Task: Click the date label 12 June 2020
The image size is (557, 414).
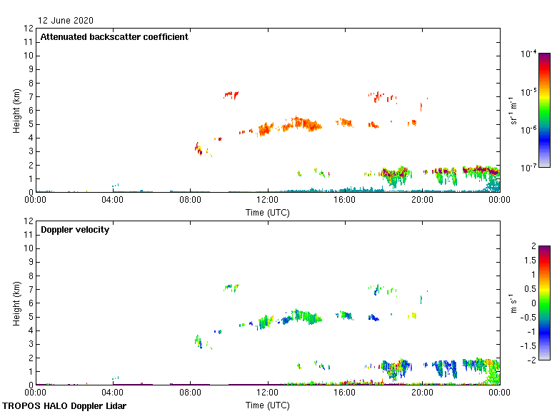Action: coord(66,21)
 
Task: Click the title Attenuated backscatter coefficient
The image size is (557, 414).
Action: coord(114,37)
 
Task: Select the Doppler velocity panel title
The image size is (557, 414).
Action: coord(75,230)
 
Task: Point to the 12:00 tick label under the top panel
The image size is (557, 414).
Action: coord(268,201)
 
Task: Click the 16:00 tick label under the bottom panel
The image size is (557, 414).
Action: coord(345,393)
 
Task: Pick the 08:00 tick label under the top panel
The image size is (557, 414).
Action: coord(190,201)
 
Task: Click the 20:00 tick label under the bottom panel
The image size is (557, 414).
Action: coord(422,393)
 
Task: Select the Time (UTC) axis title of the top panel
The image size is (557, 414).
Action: coord(268,212)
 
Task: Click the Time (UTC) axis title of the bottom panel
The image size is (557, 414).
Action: coord(268,405)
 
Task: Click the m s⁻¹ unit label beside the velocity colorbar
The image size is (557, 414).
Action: coord(513,303)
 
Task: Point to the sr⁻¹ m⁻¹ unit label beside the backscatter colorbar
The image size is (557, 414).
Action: coord(513,110)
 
